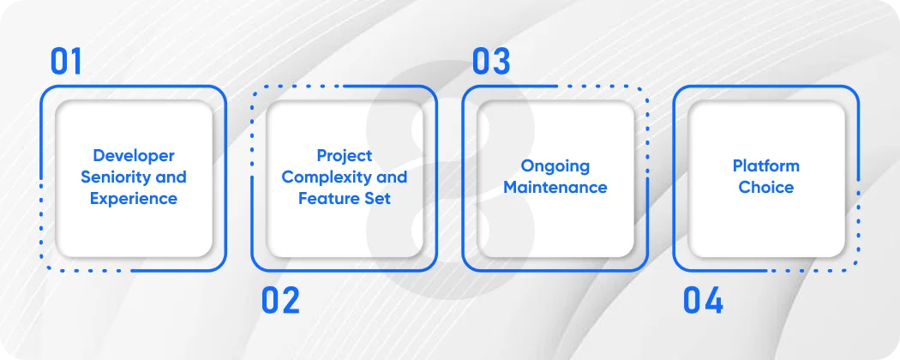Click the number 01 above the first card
(x=66, y=62)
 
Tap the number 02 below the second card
(x=280, y=301)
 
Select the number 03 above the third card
(x=491, y=62)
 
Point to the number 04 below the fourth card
(x=703, y=301)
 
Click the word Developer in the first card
(x=134, y=156)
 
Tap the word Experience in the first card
(x=134, y=199)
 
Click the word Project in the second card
(x=345, y=156)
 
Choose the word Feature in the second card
(x=329, y=199)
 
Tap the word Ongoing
(x=555, y=166)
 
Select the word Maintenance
(x=555, y=188)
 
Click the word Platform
(x=765, y=166)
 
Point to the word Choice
(x=765, y=188)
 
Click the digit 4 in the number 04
(x=714, y=301)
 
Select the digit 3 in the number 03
(x=501, y=62)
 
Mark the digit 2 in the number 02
(x=291, y=301)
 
